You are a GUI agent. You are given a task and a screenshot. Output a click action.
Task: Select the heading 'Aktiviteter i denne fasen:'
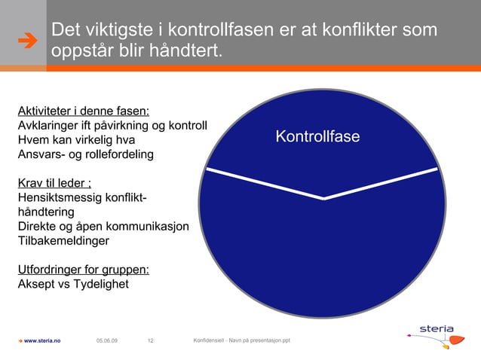pyautogui.click(x=83, y=111)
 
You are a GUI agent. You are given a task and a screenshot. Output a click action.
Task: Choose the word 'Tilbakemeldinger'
pyautogui.click(x=63, y=242)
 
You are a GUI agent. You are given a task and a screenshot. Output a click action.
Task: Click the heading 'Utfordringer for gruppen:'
pyautogui.click(x=82, y=270)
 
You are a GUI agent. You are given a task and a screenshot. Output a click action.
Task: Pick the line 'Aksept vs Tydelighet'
pyautogui.click(x=72, y=285)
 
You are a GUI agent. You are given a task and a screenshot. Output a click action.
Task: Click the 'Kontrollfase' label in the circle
pyautogui.click(x=317, y=137)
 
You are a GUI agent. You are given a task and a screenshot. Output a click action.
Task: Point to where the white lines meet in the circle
pyautogui.click(x=324, y=199)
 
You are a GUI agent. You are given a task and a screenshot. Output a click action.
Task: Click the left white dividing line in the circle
pyautogui.click(x=264, y=184)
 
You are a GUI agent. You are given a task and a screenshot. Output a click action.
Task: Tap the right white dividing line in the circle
pyautogui.click(x=381, y=184)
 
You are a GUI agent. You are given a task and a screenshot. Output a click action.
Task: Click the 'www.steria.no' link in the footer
pyautogui.click(x=41, y=341)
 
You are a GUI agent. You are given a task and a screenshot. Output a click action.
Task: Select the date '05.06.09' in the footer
pyautogui.click(x=107, y=341)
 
